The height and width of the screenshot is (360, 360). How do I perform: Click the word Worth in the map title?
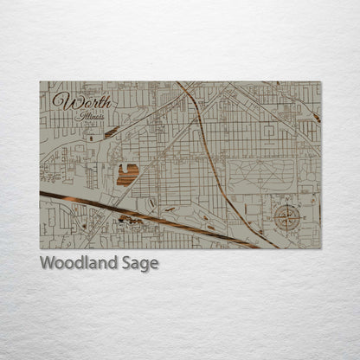pos(72,101)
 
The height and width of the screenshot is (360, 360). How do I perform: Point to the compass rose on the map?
pos(287,217)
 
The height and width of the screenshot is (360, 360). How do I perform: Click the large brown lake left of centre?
pos(127,175)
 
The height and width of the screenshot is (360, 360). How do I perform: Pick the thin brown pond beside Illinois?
pos(112,132)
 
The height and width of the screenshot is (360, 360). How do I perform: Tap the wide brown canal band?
pos(130,217)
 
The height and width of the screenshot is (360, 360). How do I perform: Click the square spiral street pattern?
pos(270,132)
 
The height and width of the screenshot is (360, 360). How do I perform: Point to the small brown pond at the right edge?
pos(316,116)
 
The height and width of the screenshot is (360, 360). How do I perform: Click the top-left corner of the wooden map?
pos(40,82)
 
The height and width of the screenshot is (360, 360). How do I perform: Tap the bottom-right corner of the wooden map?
pos(320,249)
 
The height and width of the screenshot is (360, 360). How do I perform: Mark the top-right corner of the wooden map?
pos(320,82)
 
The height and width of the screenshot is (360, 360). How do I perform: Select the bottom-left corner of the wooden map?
pos(40,249)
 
